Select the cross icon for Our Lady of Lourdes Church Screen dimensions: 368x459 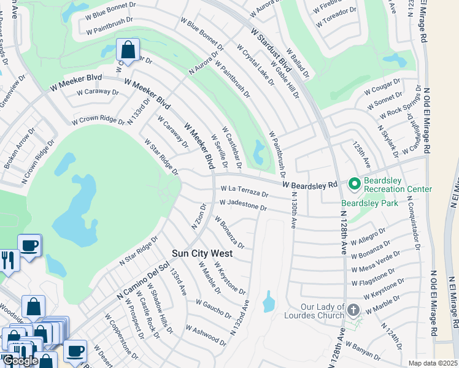353,310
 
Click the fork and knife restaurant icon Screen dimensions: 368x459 8,260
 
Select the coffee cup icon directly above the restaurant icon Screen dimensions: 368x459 29,247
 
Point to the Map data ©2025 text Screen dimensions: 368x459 433,363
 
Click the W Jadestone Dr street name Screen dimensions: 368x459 243,205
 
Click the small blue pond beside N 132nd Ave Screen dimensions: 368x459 269,302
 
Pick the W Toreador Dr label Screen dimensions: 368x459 336,18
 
